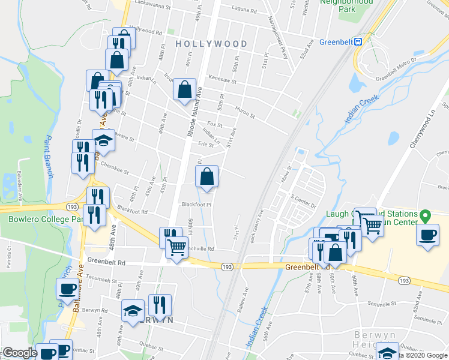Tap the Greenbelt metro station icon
click(x=358, y=41)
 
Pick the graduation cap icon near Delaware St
click(x=103, y=140)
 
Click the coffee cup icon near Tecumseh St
click(x=67, y=289)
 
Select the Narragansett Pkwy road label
click(x=278, y=36)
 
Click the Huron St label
click(x=244, y=112)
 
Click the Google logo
click(x=19, y=353)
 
